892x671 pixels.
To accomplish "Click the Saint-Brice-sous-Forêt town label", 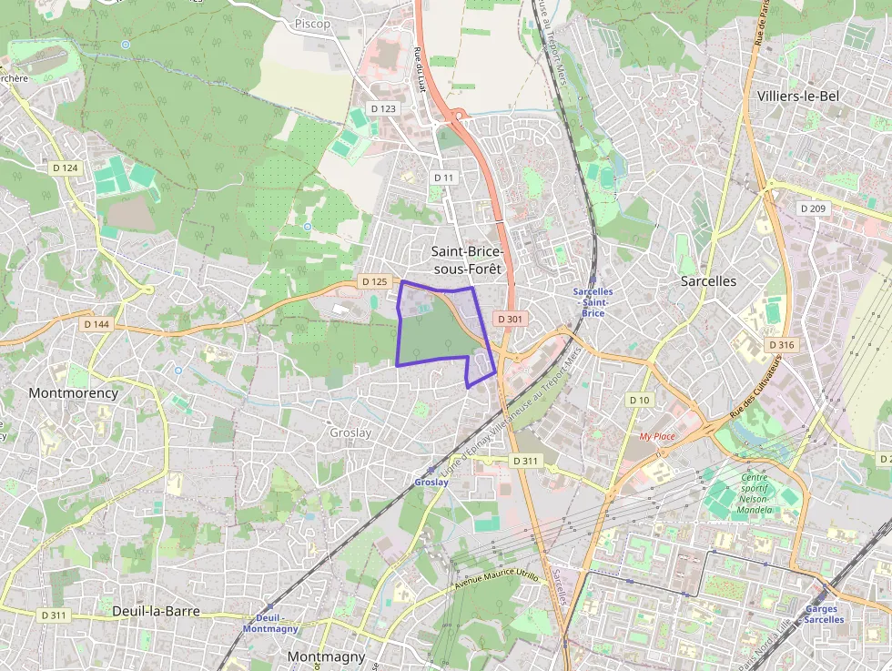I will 466,259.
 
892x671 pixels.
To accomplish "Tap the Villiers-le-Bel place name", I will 797,96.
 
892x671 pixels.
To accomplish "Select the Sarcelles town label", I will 708,281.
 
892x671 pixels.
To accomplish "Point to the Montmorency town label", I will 73,393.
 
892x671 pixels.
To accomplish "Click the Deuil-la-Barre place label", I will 156,611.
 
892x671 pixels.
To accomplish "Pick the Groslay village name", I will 350,433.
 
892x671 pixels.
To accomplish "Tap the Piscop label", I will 312,24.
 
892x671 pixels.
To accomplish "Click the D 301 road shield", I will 510,319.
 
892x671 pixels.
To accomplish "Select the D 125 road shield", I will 373,282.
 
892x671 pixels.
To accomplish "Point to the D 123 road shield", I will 384,108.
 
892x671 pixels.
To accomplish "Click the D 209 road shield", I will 813,208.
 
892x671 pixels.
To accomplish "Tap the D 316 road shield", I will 781,345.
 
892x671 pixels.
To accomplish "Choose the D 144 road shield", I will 96,324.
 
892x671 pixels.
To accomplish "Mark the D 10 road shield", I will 640,400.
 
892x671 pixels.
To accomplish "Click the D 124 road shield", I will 66,168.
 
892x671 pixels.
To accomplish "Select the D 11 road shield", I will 443,177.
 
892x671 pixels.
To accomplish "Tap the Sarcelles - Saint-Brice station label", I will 593,302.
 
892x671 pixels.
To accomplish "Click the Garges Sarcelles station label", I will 824,615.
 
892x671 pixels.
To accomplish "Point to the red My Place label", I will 657,436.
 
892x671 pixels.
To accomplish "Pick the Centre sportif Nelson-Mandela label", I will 755,493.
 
